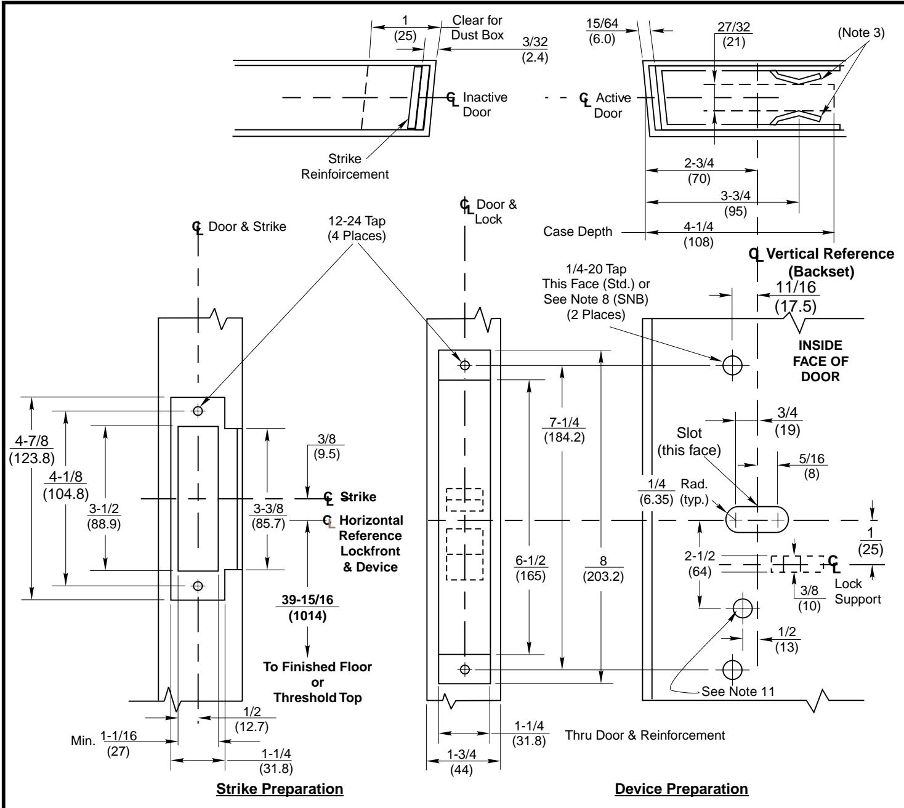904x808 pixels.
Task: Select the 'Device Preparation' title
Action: click(x=682, y=788)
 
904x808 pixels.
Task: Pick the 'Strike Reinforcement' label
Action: click(x=345, y=166)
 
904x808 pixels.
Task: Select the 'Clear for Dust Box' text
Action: click(x=478, y=29)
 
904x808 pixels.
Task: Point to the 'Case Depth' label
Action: click(x=578, y=232)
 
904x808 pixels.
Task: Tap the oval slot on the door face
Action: click(x=756, y=520)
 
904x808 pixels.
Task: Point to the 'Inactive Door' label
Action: click(x=484, y=105)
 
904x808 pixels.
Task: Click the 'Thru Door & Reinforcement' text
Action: click(x=645, y=735)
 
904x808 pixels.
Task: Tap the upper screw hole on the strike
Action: click(x=198, y=410)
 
